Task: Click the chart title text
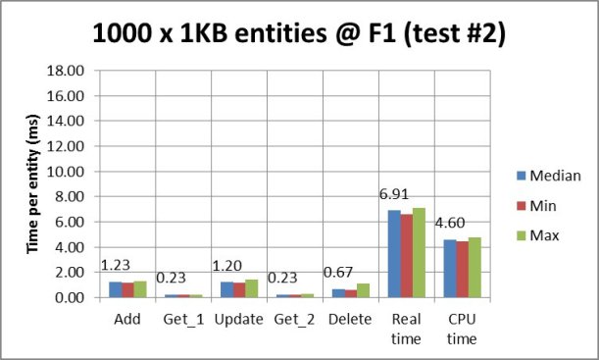pos(299,36)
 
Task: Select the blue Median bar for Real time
pos(394,253)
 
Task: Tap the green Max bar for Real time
pos(420,252)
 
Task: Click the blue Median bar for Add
pos(115,289)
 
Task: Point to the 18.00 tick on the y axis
pos(60,71)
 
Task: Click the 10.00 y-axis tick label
pos(60,172)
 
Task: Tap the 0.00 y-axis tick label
pos(64,297)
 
